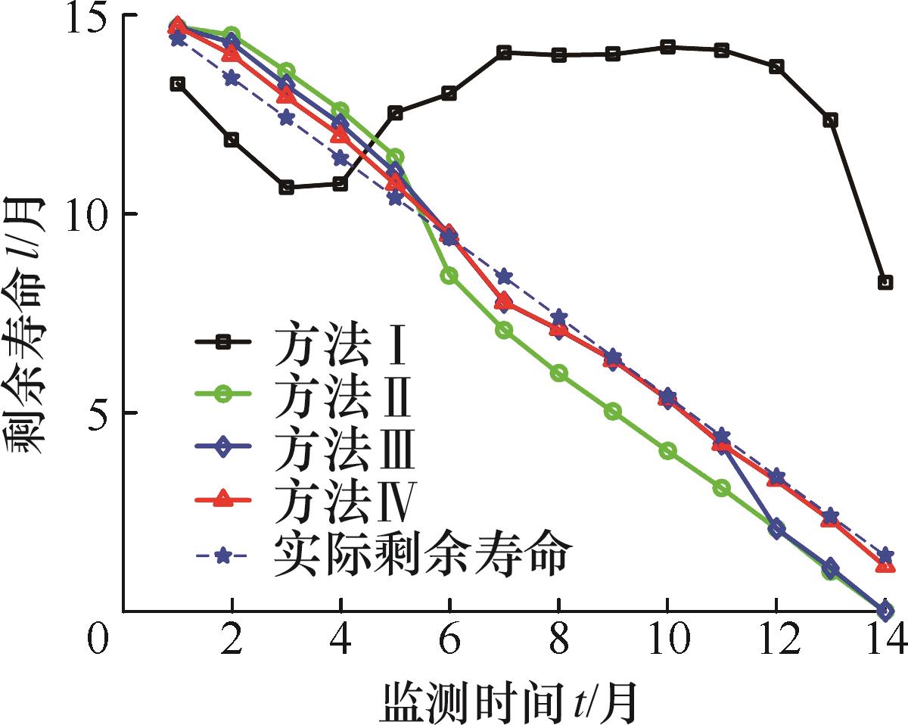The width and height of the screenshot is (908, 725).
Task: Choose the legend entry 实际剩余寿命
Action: pos(420,556)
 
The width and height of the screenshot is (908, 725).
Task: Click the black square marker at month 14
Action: pos(885,282)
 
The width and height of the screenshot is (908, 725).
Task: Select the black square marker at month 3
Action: pos(286,187)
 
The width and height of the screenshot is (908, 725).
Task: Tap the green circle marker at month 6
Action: pos(449,275)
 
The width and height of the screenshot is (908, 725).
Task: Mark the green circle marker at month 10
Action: pos(667,450)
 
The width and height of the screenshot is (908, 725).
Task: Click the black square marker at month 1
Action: pos(177,83)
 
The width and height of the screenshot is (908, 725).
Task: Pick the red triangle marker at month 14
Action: pos(885,565)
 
